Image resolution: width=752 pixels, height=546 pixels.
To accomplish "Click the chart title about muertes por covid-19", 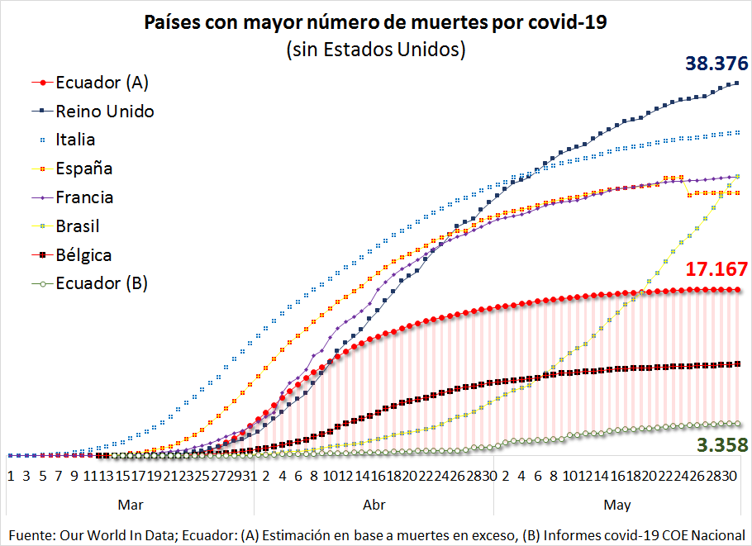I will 375,22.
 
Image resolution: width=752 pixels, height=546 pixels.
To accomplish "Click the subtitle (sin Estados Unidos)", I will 376,50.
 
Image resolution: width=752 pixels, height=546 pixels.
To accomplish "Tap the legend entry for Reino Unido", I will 104,111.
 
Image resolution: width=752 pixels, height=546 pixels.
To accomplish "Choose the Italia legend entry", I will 75,140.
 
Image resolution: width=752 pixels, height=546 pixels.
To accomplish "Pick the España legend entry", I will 83,169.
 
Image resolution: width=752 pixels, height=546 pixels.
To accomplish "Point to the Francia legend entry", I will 84,197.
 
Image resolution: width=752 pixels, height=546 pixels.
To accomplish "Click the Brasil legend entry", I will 77,226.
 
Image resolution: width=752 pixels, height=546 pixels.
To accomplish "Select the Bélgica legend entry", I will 83,255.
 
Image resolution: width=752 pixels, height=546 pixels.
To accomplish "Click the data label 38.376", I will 716,64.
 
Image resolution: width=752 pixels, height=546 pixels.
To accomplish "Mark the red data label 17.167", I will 716,269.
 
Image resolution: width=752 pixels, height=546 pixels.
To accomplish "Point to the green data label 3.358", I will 721,446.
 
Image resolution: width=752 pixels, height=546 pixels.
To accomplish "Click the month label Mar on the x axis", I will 131,504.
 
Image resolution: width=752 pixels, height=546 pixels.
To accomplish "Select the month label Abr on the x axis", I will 374,504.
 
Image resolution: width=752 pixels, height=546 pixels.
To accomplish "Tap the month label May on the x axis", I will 617,504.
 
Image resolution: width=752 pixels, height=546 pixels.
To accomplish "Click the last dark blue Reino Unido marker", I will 737,83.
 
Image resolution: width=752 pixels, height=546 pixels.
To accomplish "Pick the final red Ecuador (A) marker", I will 737,290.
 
